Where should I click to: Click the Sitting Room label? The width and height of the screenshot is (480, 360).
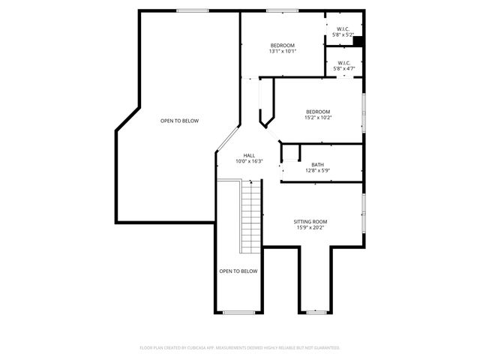(x=310, y=221)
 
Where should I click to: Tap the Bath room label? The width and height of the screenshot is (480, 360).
(x=318, y=164)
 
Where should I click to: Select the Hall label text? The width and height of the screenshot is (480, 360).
(x=249, y=155)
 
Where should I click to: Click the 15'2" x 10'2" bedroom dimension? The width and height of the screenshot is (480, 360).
(x=317, y=118)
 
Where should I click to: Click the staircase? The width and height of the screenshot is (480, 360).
(x=252, y=217)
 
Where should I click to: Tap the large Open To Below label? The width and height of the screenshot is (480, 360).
(x=179, y=121)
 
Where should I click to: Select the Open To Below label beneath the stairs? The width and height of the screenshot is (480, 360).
(x=238, y=271)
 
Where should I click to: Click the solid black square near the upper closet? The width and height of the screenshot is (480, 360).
(x=358, y=42)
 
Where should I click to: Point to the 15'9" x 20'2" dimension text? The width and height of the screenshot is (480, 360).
(x=310, y=228)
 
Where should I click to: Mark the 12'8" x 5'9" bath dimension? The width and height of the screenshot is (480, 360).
(x=318, y=171)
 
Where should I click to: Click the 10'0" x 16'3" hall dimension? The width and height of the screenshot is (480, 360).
(x=249, y=161)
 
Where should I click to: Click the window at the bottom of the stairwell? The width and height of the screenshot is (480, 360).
(x=238, y=311)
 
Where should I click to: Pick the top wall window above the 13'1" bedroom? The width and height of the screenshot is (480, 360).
(x=281, y=10)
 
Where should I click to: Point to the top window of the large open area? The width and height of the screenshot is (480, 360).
(x=192, y=10)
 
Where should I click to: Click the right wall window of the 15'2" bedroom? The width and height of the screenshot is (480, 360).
(x=364, y=112)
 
